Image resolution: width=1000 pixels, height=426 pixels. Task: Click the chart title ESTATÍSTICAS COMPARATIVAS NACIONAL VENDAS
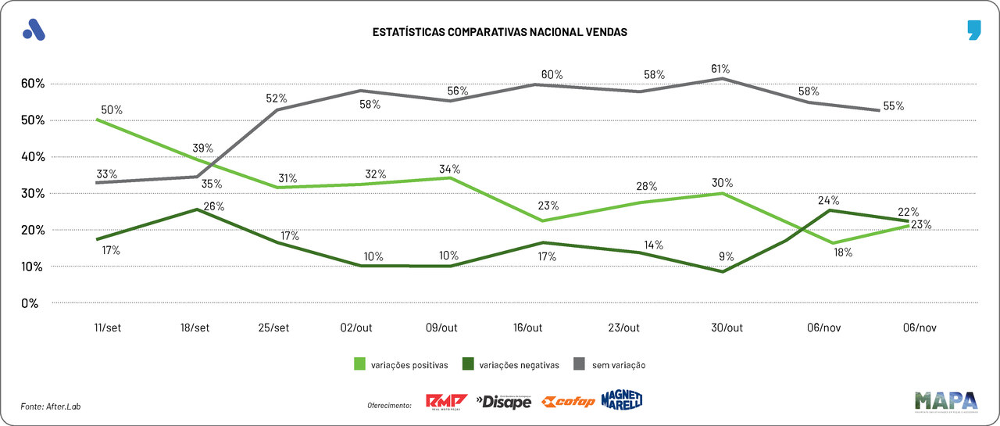coord(499,33)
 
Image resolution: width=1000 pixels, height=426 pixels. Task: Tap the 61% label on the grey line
coord(720,68)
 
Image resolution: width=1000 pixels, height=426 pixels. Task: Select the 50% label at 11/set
coord(112,109)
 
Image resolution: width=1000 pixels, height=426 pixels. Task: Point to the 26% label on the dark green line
coord(213,207)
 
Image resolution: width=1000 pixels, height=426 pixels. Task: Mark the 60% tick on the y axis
coord(34,84)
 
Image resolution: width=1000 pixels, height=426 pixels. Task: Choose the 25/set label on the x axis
coord(274,328)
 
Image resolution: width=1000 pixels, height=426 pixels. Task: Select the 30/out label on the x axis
coord(727,328)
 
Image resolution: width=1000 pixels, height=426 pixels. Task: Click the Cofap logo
coord(568,402)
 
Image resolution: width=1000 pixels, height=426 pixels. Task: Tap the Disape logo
coord(504,402)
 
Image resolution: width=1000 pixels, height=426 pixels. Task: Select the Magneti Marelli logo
coord(622,400)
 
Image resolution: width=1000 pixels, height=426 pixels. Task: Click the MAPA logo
coord(946,401)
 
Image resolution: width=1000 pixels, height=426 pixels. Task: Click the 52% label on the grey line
coord(277,98)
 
